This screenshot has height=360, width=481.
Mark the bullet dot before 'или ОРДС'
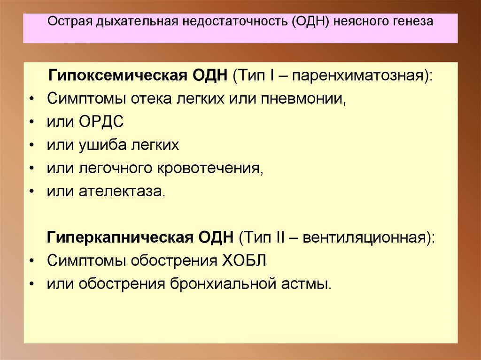pyautogui.click(x=31, y=122)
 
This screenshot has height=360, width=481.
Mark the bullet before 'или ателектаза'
pyautogui.click(x=31, y=191)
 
